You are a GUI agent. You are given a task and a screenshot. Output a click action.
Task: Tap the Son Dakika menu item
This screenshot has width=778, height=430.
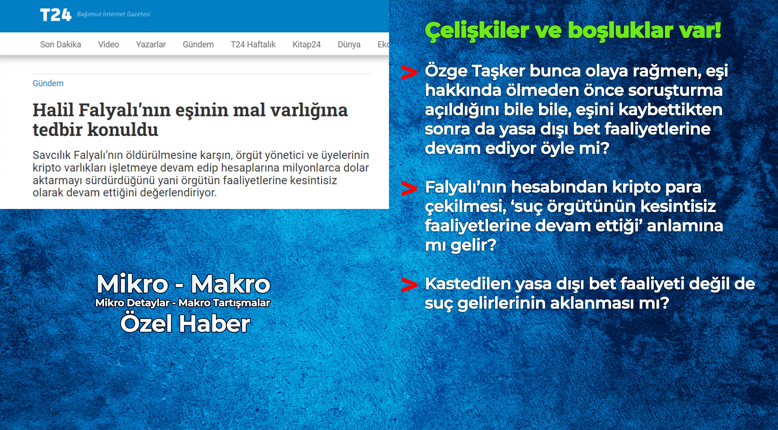(x=60, y=45)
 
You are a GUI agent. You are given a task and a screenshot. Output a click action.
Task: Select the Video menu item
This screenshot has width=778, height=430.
(x=108, y=45)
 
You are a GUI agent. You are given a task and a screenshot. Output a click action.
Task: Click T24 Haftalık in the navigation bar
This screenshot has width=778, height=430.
(x=253, y=45)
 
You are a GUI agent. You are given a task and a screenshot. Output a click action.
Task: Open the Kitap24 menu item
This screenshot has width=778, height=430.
(x=306, y=45)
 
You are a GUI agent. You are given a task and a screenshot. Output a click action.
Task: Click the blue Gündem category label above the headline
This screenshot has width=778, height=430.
(x=48, y=83)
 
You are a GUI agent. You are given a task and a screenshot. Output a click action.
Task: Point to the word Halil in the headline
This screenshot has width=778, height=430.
(x=53, y=110)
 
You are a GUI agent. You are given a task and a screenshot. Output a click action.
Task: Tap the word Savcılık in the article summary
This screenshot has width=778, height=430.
(x=51, y=155)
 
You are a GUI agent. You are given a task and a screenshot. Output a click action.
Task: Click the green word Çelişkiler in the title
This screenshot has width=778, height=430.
(x=469, y=31)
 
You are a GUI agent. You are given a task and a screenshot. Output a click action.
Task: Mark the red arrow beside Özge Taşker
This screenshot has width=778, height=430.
(x=409, y=72)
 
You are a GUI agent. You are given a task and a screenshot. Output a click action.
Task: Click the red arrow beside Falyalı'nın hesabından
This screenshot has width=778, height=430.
(x=409, y=189)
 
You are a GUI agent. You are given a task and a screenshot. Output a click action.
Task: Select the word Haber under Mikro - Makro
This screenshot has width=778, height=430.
(x=215, y=324)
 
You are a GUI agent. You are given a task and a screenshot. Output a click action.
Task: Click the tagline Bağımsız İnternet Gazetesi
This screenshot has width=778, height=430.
(x=113, y=14)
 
